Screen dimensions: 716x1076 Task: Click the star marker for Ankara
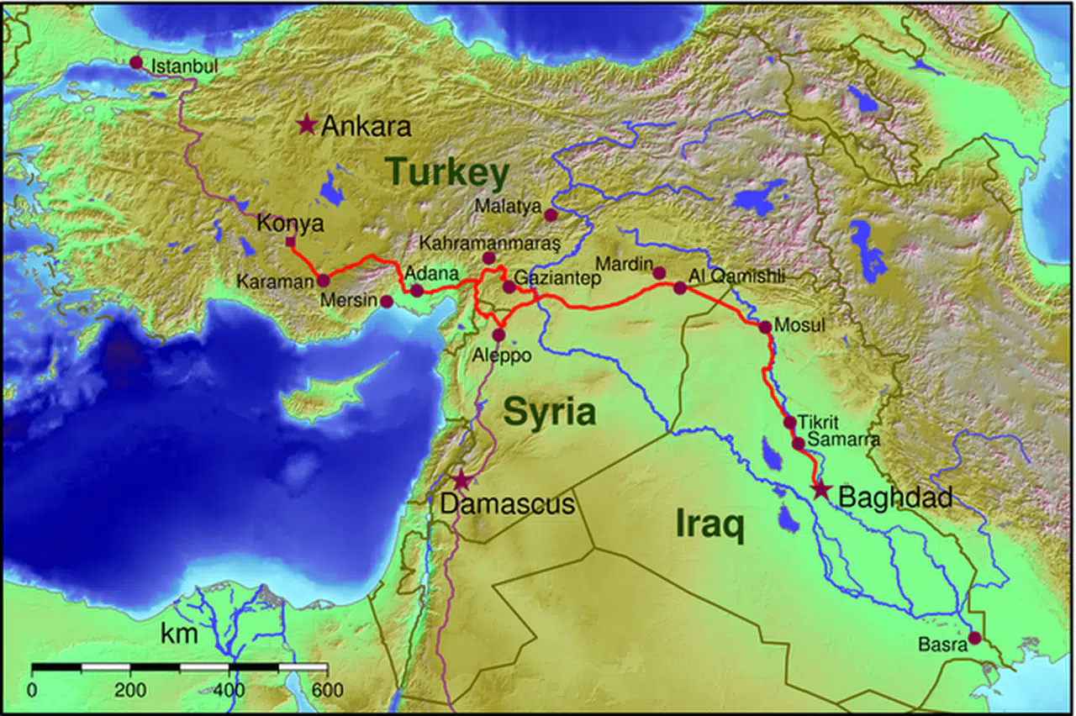(306, 126)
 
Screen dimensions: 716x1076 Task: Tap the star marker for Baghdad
(820, 492)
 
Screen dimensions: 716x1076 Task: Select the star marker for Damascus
(461, 481)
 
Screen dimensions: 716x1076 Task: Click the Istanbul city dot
(135, 62)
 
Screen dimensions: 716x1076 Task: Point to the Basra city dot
(974, 638)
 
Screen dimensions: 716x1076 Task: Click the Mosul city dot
(765, 326)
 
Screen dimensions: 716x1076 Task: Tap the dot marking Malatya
(551, 215)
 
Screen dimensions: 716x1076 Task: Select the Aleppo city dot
(498, 334)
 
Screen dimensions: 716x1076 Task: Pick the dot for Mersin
(387, 301)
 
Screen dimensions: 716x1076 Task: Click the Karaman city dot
(323, 281)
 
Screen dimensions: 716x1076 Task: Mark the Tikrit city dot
(789, 422)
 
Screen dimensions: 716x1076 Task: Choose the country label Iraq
(710, 526)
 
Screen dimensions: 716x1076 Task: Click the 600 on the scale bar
(327, 691)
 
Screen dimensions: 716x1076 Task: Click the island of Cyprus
(324, 402)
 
